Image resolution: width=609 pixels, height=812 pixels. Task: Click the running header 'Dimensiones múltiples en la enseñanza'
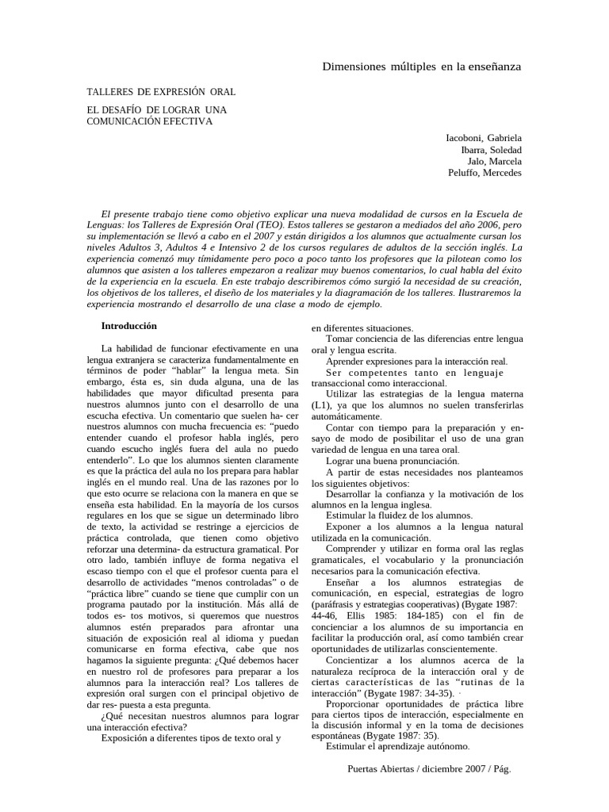pos(421,67)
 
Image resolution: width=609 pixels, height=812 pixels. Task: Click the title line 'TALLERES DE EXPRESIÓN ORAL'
pos(161,93)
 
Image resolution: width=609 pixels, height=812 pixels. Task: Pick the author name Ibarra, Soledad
pos(492,149)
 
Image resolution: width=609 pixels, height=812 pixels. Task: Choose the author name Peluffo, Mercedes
pos(485,173)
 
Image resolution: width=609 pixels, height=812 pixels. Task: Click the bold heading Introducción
pos(128,326)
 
